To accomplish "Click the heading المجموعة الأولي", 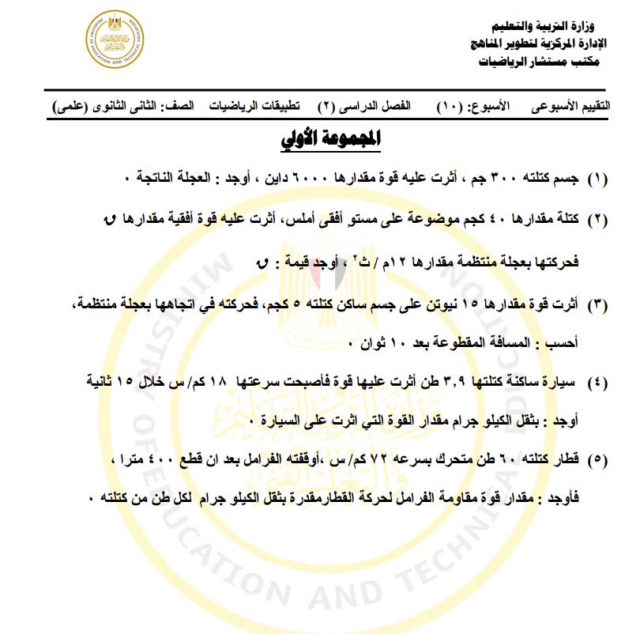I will pos(332,140).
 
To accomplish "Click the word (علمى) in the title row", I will pos(69,105).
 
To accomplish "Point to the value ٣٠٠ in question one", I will pos(503,179).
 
